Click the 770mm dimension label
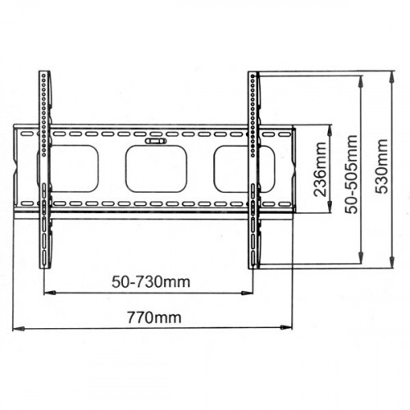[x=154, y=317]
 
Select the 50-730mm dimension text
[x=150, y=281]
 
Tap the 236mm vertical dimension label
[x=321, y=168]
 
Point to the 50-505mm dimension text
[x=351, y=169]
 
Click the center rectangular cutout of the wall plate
[x=154, y=170]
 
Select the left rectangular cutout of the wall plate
[x=75, y=168]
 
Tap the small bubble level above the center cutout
[x=154, y=141]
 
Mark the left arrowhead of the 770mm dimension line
[x=16, y=329]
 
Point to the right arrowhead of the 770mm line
[x=289, y=329]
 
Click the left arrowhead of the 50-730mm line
[x=48, y=291]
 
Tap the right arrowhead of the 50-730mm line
[x=251, y=291]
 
